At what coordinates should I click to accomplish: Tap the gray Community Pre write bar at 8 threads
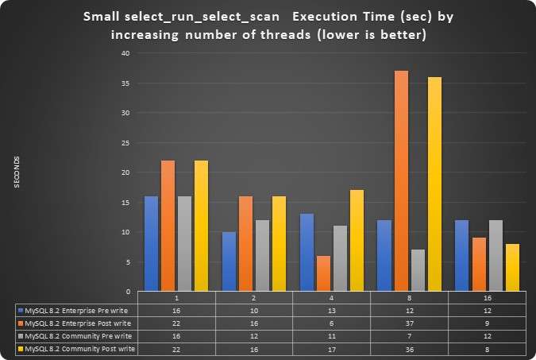click(418, 270)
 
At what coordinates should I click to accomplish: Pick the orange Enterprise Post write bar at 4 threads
click(324, 273)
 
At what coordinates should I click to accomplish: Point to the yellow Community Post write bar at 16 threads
click(512, 268)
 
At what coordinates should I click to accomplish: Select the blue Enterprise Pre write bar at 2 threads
click(229, 261)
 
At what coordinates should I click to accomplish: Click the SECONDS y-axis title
click(17, 172)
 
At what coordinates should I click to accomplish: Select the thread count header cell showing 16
click(488, 297)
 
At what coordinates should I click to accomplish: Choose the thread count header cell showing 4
click(331, 297)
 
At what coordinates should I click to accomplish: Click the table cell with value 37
click(410, 323)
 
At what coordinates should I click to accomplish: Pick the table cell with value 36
click(410, 349)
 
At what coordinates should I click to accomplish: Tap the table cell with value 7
click(410, 335)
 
